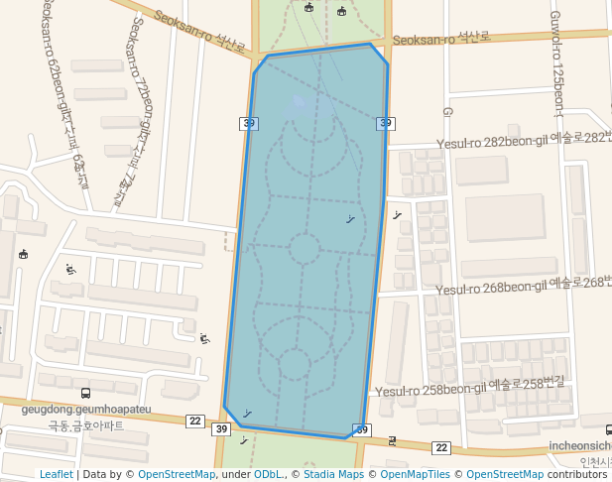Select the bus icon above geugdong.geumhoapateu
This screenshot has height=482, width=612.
coord(85,393)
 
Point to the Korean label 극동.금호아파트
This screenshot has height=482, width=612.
coord(86,425)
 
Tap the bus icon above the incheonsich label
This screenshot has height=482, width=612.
coord(608,429)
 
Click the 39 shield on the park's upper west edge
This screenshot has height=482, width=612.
coord(249,123)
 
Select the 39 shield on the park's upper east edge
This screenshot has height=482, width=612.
coord(386,123)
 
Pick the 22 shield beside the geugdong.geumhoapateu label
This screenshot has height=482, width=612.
coord(194,422)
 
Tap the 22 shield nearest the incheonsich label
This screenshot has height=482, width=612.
coord(441,448)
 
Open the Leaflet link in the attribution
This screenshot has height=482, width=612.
coord(56,474)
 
